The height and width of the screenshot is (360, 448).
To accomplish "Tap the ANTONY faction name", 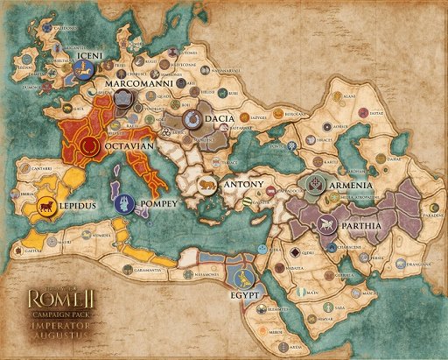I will pyautogui.click(x=243, y=186).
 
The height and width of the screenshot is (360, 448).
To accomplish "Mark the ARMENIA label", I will pyautogui.click(x=351, y=186).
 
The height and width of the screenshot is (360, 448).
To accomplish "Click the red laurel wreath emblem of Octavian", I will pyautogui.click(x=88, y=146).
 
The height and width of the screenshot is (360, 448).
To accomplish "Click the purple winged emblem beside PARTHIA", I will pyautogui.click(x=327, y=225).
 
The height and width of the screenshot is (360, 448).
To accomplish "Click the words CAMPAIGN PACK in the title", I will pyautogui.click(x=43, y=312).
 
